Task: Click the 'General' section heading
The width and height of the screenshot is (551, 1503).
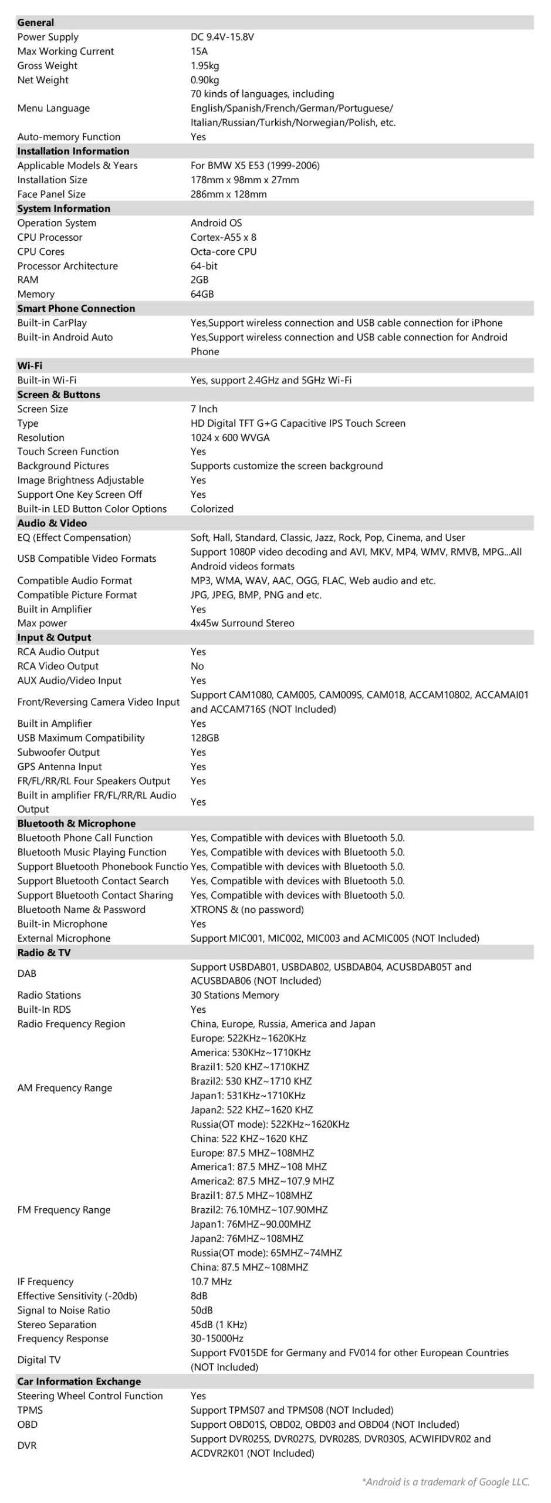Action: (x=35, y=22)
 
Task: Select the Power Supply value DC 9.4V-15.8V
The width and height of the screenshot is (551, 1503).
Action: (x=222, y=37)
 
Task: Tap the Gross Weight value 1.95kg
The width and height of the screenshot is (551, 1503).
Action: (x=204, y=66)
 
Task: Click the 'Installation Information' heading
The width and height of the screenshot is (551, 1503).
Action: (x=73, y=151)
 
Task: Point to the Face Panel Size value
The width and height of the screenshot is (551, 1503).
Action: (x=228, y=194)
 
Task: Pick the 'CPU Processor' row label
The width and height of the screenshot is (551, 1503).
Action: (x=49, y=237)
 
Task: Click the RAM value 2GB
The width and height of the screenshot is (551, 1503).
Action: (x=199, y=280)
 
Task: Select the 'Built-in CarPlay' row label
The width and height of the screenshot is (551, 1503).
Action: (x=52, y=323)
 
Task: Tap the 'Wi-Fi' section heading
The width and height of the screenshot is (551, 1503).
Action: (x=29, y=366)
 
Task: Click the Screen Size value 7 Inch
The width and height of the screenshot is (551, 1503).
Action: (x=204, y=409)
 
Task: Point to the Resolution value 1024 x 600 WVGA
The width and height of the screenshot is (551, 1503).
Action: (x=229, y=437)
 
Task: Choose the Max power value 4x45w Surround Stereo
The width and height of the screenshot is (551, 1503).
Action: (x=242, y=623)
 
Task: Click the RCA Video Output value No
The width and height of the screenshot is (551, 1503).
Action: (x=197, y=666)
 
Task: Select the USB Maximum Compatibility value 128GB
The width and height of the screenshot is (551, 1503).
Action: (x=204, y=738)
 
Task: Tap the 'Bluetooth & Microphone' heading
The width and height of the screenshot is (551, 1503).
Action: (x=76, y=824)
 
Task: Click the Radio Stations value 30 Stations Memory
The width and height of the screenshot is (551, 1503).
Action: (x=234, y=995)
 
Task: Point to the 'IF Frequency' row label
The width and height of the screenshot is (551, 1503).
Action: (x=45, y=1282)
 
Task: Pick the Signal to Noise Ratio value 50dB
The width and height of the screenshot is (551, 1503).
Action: (x=201, y=1310)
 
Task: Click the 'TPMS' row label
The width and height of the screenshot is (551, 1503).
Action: (x=29, y=1410)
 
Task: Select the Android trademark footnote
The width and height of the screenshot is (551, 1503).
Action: (x=445, y=1482)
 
